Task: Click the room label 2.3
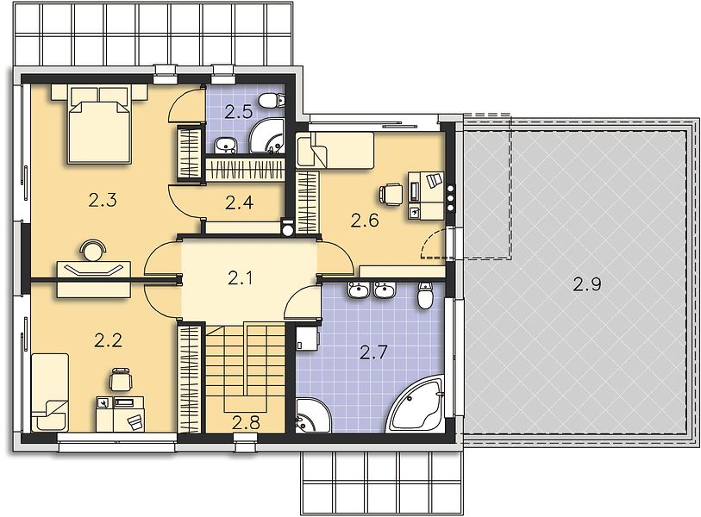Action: (x=103, y=201)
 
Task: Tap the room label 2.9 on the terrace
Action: (x=587, y=284)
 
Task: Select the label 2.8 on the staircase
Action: (x=246, y=422)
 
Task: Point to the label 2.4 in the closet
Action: (x=239, y=202)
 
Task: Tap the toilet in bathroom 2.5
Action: (x=272, y=100)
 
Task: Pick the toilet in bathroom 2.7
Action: (x=425, y=296)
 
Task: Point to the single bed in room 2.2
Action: (x=50, y=392)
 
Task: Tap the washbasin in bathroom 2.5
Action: (x=226, y=145)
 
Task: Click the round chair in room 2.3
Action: (x=93, y=250)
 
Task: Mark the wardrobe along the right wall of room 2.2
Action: (x=189, y=379)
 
